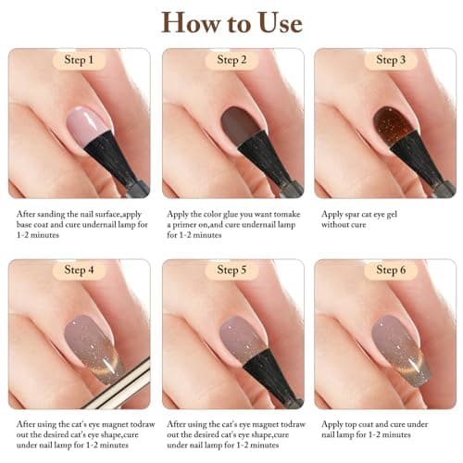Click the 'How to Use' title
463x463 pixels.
pyautogui.click(x=231, y=22)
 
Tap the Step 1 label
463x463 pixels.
pyautogui.click(x=79, y=61)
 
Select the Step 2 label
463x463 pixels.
pyautogui.click(x=231, y=61)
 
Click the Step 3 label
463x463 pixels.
pyautogui.click(x=383, y=61)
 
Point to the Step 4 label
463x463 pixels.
pyautogui.click(x=79, y=271)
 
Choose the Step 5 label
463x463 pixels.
pyautogui.click(x=231, y=271)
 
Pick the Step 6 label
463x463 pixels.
pyautogui.click(x=383, y=271)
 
